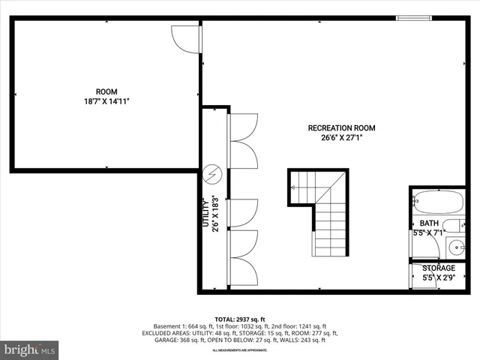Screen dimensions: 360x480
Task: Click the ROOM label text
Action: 106,91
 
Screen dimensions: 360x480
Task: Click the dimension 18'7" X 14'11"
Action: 106,102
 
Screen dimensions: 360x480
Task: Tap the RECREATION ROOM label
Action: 341,128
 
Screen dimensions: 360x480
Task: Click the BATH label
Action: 429,223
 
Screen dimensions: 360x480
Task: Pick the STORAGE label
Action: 438,268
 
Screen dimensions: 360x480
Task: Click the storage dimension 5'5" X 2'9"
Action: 438,278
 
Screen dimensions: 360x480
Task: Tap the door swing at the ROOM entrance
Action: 185,39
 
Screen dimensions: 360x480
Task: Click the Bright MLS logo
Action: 30,349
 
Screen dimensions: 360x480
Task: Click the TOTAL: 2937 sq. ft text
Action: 240,319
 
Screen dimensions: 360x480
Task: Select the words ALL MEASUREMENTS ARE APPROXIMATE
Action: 239,350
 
